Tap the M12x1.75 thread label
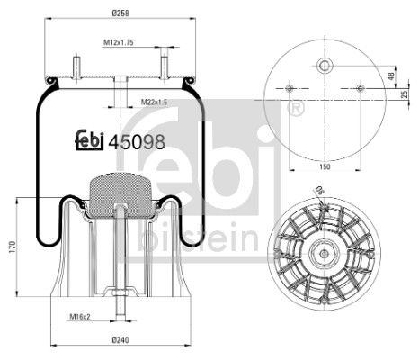(117, 41)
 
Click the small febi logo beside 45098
(87, 140)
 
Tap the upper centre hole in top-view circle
(323, 64)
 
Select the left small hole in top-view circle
(288, 88)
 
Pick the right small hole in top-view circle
(360, 88)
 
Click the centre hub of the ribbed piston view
(322, 256)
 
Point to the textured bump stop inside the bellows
(120, 190)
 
